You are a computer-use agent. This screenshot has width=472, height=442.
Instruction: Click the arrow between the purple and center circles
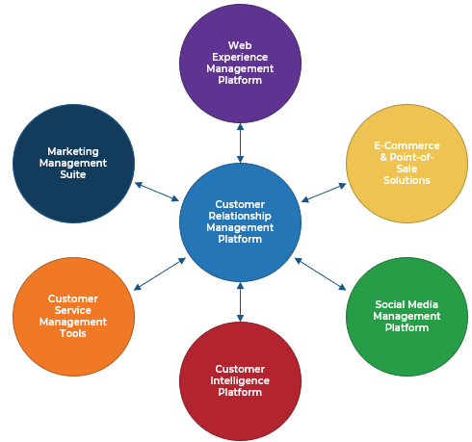[x=240, y=143]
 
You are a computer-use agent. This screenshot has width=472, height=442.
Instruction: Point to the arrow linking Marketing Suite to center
[x=157, y=192]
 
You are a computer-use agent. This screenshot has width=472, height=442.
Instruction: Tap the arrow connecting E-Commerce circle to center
[x=324, y=192]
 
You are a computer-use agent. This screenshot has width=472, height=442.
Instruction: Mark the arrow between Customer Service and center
[x=160, y=273]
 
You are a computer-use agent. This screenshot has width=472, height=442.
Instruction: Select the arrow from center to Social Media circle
[x=320, y=273]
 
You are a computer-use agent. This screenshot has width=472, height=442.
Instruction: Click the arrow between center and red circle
[x=240, y=302]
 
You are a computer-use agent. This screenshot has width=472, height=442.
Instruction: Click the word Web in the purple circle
[x=240, y=45]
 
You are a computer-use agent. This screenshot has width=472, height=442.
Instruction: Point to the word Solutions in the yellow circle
[x=406, y=180]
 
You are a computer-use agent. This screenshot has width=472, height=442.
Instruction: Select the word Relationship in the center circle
[x=240, y=216]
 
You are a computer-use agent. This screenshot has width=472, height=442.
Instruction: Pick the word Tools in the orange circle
[x=73, y=333]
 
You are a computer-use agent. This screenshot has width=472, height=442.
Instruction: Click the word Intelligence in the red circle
[x=240, y=380]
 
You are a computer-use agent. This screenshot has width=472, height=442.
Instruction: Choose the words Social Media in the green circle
[x=406, y=304]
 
